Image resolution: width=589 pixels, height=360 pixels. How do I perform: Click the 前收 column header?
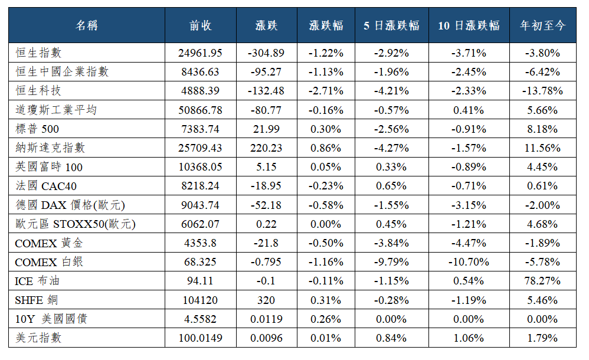coord(200,25)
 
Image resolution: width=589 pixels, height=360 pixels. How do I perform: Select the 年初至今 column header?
coord(542,25)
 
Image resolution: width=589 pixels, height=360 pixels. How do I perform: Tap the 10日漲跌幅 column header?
coord(469,25)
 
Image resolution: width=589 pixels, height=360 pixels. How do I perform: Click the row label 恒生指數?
coord(38,53)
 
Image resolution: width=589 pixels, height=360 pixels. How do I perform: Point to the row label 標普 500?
coord(37,129)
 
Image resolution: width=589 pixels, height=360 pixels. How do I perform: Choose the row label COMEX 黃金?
coord(48,243)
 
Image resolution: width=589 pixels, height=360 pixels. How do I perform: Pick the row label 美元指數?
coord(38,338)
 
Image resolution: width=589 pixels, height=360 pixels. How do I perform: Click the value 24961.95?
coord(200,53)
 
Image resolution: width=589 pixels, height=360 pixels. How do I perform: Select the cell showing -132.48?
coord(266,91)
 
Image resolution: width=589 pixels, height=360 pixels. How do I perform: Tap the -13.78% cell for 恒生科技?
coord(542,91)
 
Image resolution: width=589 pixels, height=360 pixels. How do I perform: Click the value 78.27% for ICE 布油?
coord(542,281)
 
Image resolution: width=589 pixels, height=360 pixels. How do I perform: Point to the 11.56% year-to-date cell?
coord(542,148)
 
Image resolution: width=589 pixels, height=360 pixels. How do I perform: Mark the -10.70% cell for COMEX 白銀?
coord(469,262)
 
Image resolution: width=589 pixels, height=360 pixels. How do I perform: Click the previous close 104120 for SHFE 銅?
coord(200,300)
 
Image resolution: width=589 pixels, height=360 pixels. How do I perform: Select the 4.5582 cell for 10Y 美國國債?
coord(200,319)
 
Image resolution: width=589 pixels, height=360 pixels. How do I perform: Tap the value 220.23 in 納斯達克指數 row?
coord(266,148)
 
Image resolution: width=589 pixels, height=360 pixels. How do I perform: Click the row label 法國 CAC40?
coord(46,186)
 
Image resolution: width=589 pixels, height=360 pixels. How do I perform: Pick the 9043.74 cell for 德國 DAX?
coord(200,205)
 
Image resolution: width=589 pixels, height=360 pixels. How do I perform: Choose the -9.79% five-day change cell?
coord(391,262)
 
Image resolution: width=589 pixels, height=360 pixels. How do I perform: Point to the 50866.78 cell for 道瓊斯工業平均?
coord(200,110)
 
